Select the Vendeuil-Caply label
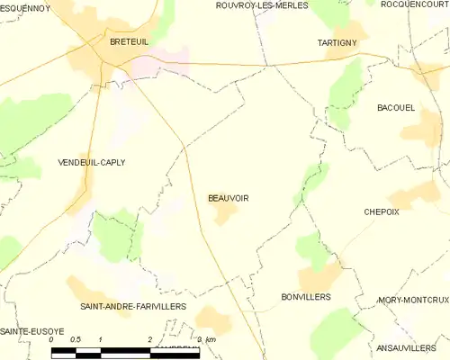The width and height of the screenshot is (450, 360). coord(91,162)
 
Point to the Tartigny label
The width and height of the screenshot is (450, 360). coord(338,42)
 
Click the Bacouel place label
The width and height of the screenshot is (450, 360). coord(395,107)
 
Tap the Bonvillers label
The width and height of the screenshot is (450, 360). coord(306,296)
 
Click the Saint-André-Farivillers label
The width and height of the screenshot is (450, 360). coord(132,306)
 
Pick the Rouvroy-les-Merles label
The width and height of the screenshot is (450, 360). coord(262,5)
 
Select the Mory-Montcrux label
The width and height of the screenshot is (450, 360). coord(413,300)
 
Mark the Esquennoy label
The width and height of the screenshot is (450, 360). coord(25,8)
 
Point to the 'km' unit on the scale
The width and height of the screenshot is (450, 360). coord(211,340)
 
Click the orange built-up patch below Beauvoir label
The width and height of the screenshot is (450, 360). coord(224,214)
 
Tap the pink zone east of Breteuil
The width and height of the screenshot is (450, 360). coord(162,62)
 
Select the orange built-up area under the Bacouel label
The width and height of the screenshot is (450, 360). coord(421,130)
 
